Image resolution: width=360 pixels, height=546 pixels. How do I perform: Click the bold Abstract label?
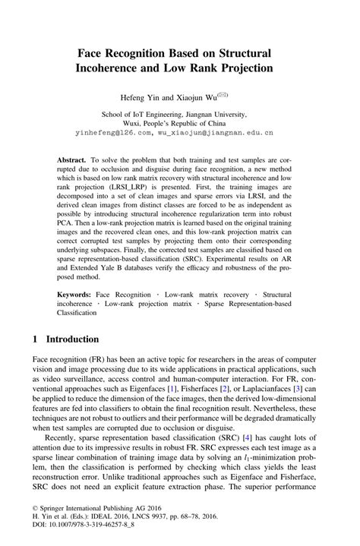73,162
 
